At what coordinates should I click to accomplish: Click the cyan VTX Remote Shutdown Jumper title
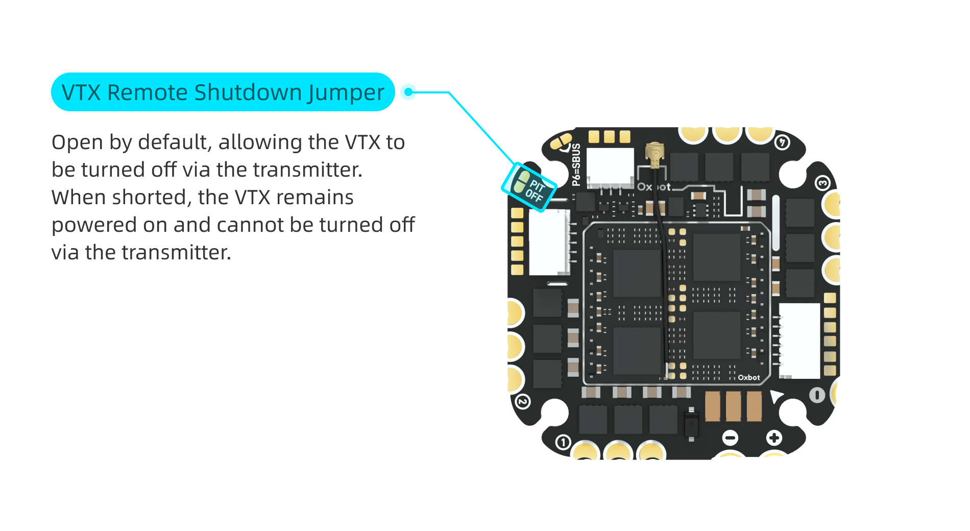(x=223, y=92)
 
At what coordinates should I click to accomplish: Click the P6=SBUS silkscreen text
(x=576, y=164)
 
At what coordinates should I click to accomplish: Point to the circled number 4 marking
(x=782, y=142)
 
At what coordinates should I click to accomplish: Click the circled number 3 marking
(x=822, y=183)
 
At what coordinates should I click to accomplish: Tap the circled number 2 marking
(x=522, y=402)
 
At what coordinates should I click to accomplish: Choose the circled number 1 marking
(x=563, y=442)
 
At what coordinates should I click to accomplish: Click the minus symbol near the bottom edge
(x=731, y=438)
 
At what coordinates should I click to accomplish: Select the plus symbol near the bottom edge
(x=774, y=438)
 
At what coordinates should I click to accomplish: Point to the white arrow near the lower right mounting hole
(x=776, y=396)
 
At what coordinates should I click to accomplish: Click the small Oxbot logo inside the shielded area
(x=748, y=378)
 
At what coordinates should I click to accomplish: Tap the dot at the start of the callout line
(x=408, y=92)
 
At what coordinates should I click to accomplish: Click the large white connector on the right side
(x=799, y=340)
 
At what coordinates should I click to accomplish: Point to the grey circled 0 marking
(x=817, y=395)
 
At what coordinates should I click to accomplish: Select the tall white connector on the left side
(x=549, y=243)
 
